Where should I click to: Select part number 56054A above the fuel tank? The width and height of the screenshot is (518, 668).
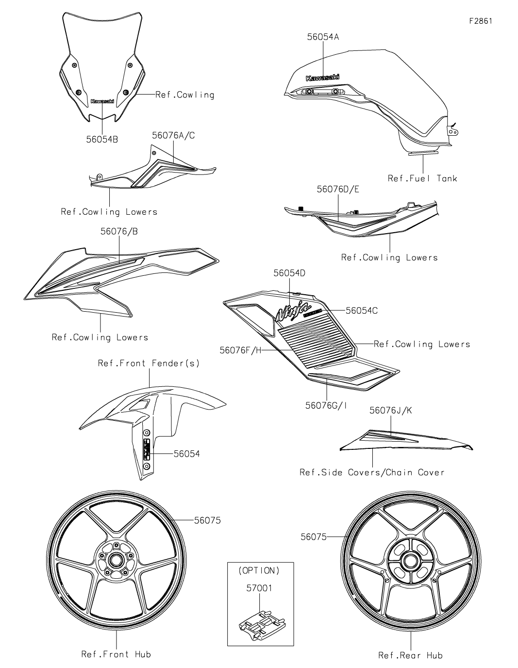pos(323,36)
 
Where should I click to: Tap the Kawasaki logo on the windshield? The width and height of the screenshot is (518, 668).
pos(102,101)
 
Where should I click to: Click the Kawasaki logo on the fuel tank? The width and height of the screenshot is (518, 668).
pos(322,77)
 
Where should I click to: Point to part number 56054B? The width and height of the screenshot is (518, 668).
pos(102,140)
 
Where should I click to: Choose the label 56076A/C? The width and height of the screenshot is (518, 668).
pos(173,136)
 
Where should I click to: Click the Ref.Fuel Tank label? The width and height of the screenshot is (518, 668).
pos(422,178)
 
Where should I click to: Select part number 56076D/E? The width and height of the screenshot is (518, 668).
pos(338,190)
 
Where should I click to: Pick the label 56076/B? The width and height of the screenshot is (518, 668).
pos(119,232)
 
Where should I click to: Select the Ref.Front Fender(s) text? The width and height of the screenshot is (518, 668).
pos(149,363)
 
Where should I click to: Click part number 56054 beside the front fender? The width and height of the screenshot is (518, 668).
pos(187,454)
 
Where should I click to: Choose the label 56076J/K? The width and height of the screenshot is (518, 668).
pos(390,410)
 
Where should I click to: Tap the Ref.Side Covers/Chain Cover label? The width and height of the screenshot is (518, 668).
pos(372,472)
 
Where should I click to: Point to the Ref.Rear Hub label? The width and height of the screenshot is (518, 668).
pos(410,655)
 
